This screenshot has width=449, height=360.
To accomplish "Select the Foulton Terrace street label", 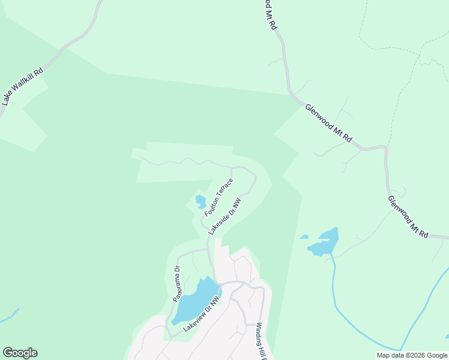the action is pos(218,196).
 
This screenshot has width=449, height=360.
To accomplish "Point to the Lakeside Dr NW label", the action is pos(224,215).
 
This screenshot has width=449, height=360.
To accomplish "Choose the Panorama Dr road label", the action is pos(176,284).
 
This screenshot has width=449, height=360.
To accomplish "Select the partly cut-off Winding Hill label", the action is pos(262,338).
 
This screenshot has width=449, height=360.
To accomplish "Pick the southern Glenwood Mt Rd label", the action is pos(408,217).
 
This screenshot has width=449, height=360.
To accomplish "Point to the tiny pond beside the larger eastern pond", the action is pos(304,237).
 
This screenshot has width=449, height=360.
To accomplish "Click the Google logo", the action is pos(20,353).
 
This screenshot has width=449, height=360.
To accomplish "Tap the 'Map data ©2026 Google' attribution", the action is pos(411,355).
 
